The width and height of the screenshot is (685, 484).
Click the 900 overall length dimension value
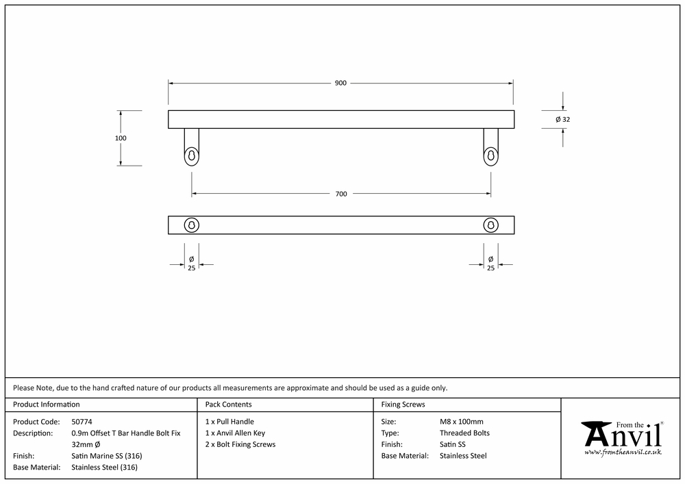(340, 83)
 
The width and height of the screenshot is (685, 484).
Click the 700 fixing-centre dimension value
(341, 194)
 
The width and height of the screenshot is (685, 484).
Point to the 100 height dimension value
(121, 138)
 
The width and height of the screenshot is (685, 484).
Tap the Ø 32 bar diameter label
(562, 119)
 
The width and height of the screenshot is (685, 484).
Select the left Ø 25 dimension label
(191, 264)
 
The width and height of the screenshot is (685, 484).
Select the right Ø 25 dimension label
(490, 264)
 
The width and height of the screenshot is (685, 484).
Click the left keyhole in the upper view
(191, 156)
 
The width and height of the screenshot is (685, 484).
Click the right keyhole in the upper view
(490, 156)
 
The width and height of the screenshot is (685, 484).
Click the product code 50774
(82, 422)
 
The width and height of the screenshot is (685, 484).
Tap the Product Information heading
(47, 404)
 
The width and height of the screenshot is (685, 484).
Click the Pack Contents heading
(229, 404)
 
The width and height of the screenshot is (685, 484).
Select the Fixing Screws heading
(403, 404)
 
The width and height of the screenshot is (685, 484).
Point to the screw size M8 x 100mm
(461, 422)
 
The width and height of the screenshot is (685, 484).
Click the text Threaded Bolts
(464, 433)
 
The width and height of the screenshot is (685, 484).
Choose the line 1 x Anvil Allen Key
(235, 433)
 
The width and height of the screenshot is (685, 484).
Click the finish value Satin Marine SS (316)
(107, 456)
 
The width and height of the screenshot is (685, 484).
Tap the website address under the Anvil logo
(623, 452)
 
